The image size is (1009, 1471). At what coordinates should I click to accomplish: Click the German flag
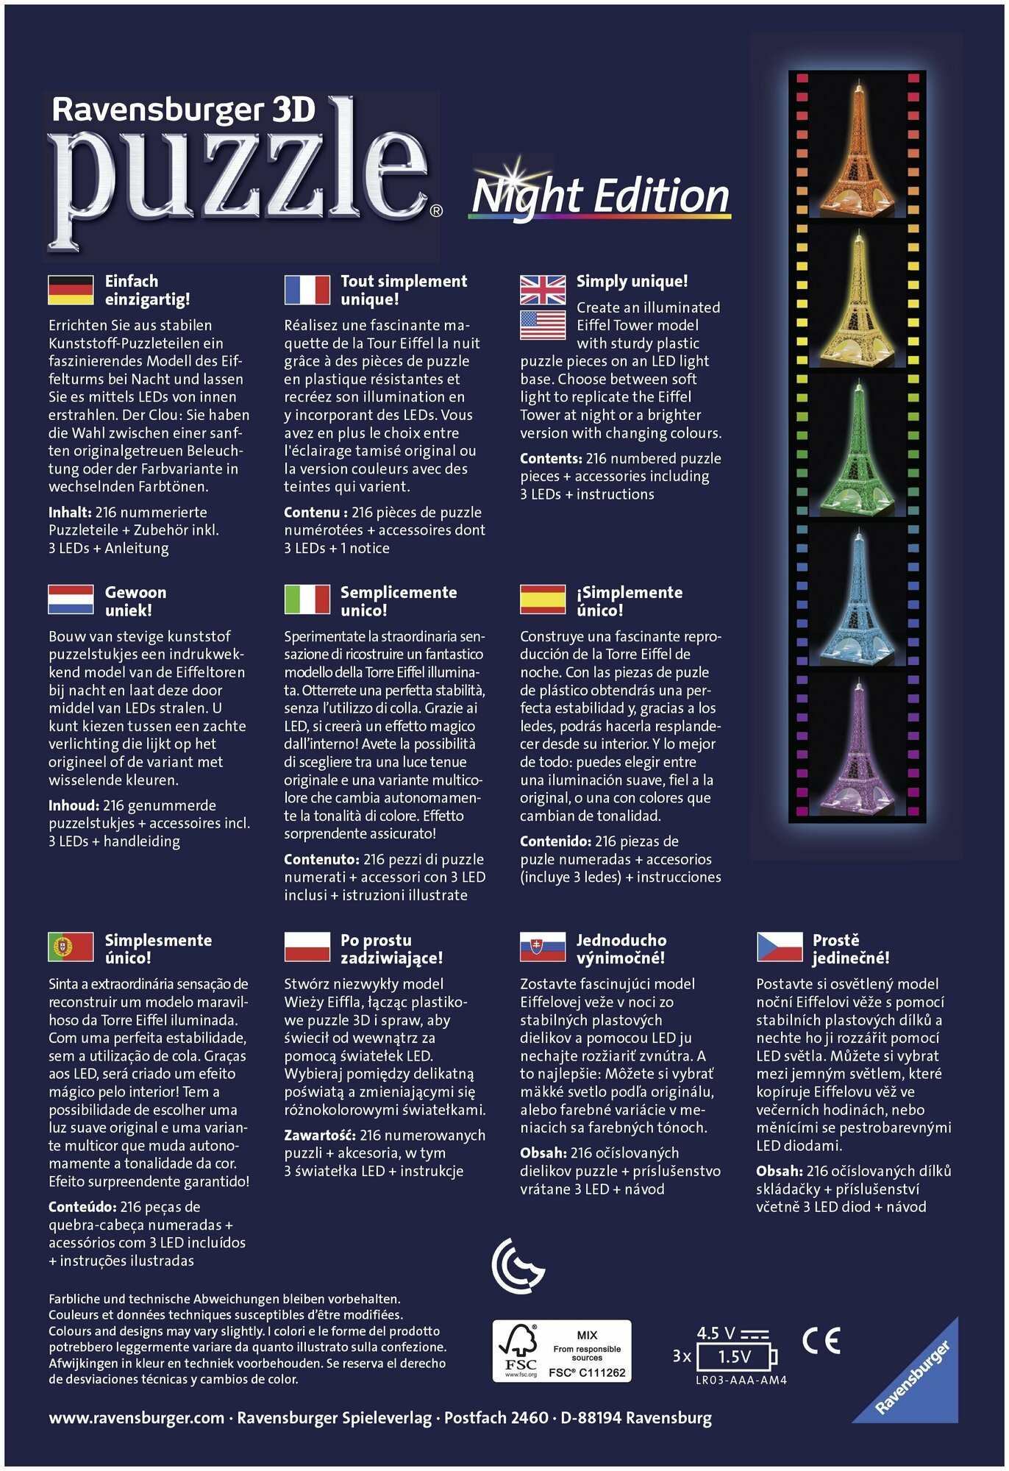point(71,290)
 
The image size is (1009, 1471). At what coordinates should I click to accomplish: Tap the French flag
point(307,290)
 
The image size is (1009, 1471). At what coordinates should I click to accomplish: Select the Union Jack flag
point(543,289)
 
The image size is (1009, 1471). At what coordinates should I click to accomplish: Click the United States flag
point(543,325)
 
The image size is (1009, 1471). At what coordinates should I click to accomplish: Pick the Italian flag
point(307,599)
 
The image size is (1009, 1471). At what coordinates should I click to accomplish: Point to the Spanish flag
point(543,599)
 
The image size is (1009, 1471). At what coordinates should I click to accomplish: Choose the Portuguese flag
point(71,947)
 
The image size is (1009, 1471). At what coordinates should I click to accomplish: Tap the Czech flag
point(779,947)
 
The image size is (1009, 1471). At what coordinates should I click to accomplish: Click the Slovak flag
point(543,947)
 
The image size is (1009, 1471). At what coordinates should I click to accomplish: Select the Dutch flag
point(71,599)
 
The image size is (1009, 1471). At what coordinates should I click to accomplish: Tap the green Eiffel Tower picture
point(858,449)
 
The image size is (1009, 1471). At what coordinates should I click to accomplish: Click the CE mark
point(821,1341)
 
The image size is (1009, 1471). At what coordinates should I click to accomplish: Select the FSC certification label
point(562,1350)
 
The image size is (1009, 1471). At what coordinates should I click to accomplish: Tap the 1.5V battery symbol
point(735,1357)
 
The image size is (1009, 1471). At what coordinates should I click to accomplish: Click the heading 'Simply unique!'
point(632,281)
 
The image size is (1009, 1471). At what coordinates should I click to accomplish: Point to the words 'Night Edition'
point(601,197)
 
